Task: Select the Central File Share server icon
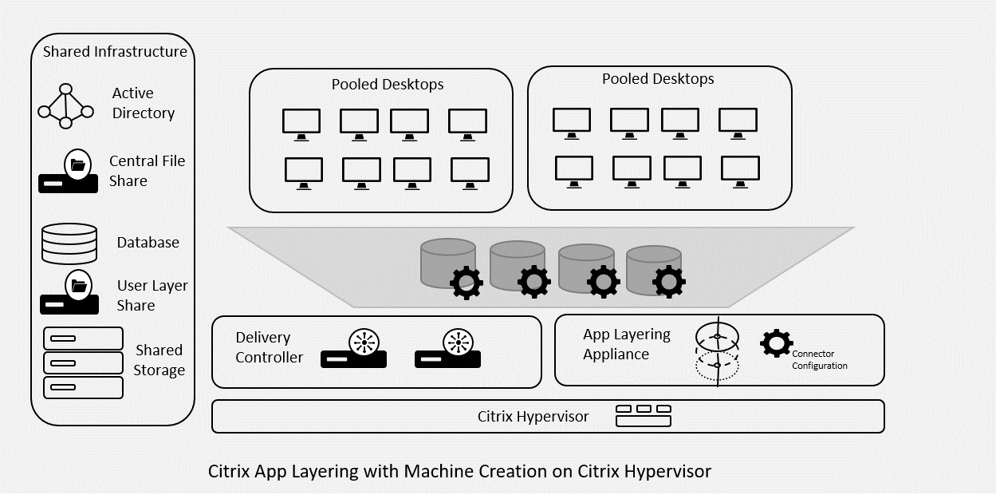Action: pyautogui.click(x=69, y=172)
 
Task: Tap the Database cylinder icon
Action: pyautogui.click(x=69, y=243)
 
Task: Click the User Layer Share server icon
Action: pyautogui.click(x=70, y=295)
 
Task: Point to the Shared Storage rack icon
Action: pyautogui.click(x=83, y=362)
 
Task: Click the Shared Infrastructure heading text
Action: pyautogui.click(x=115, y=52)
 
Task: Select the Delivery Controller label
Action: pyautogui.click(x=269, y=347)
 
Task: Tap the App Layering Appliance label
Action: pyautogui.click(x=626, y=344)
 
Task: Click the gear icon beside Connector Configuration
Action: pyautogui.click(x=776, y=343)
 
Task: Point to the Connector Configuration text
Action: pyautogui.click(x=819, y=359)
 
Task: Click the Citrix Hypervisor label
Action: pyautogui.click(x=533, y=416)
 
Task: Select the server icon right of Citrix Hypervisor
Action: pyautogui.click(x=643, y=415)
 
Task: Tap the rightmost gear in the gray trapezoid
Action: pyautogui.click(x=669, y=281)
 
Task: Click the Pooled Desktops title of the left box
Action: pyautogui.click(x=388, y=84)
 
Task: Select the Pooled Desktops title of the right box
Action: pyautogui.click(x=658, y=78)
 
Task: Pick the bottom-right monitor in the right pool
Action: pyautogui.click(x=740, y=170)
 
